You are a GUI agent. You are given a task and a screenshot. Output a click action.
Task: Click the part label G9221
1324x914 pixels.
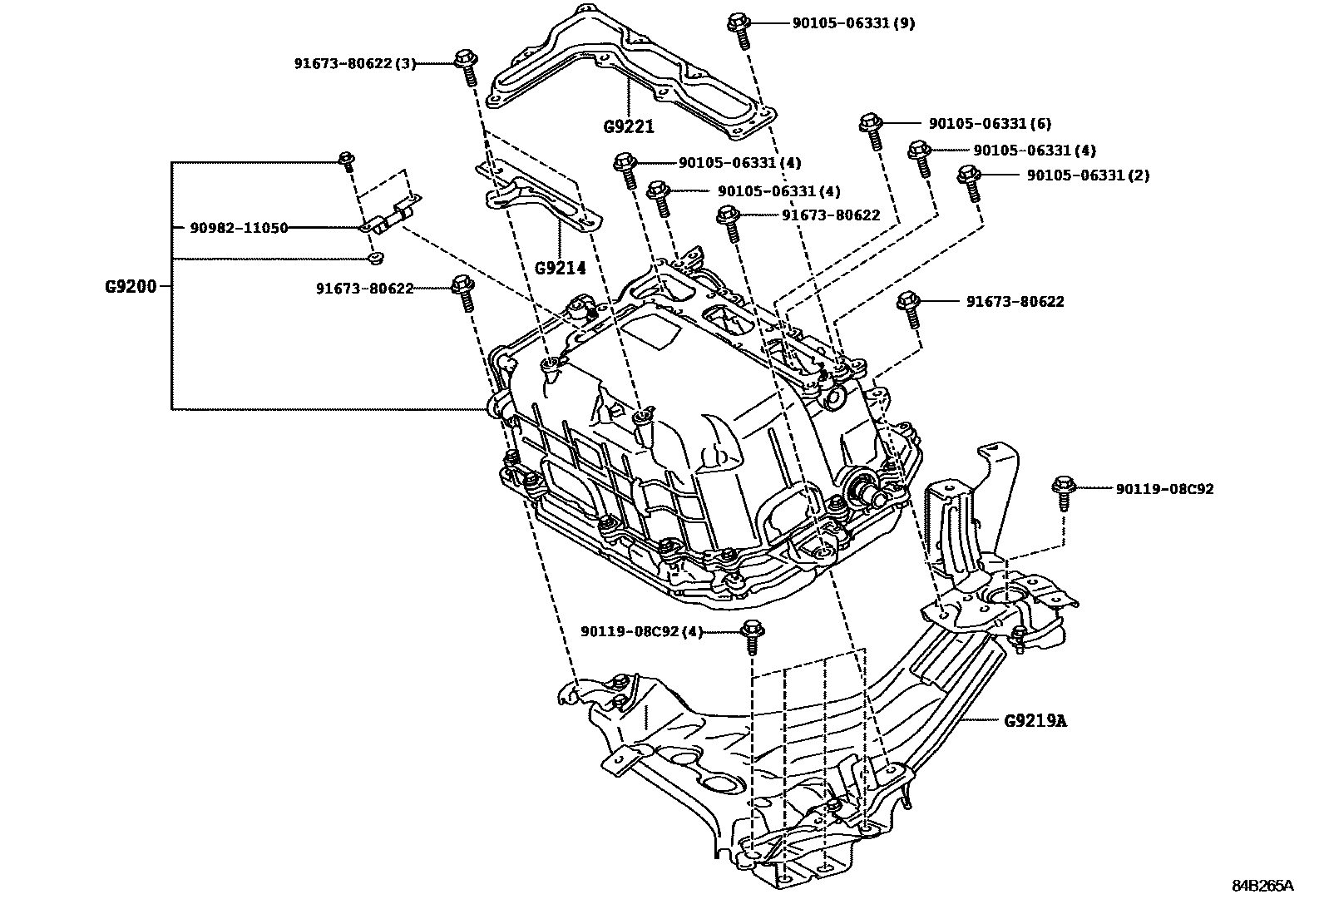629,126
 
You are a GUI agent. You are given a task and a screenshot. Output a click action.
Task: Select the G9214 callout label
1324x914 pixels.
560,268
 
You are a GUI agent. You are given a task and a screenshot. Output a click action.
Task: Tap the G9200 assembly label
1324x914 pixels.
130,286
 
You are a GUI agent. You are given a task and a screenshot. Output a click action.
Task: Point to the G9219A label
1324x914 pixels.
1035,720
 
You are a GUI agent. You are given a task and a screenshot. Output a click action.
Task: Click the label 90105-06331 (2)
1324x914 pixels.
1088,175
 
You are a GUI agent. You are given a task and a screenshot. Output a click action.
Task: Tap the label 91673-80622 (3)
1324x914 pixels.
354,62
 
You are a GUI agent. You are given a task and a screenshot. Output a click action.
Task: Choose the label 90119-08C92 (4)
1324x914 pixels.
641,631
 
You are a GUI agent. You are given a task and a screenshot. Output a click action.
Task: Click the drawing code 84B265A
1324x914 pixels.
1262,886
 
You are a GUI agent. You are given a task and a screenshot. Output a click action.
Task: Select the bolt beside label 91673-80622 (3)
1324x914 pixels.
466,67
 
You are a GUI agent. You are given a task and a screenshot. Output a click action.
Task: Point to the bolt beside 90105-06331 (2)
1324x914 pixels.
969,181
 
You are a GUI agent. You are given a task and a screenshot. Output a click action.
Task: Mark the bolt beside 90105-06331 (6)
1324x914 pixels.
871,130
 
